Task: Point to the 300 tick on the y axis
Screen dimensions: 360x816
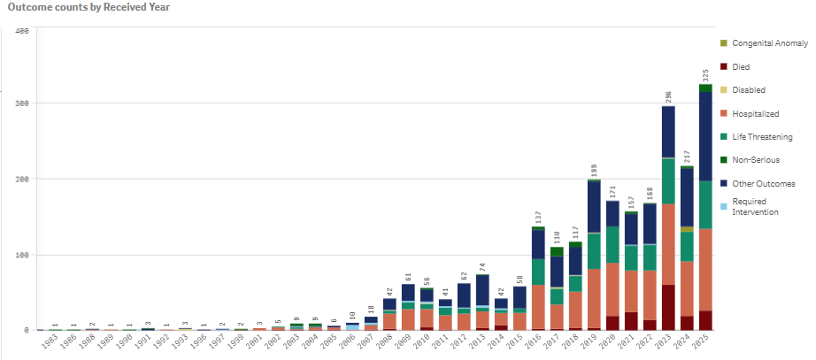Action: [x=24, y=103]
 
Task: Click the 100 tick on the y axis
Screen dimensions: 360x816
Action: [x=24, y=255]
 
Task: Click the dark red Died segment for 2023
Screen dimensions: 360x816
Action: [x=668, y=307]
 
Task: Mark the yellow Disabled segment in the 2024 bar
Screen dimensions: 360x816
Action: [x=687, y=229]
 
